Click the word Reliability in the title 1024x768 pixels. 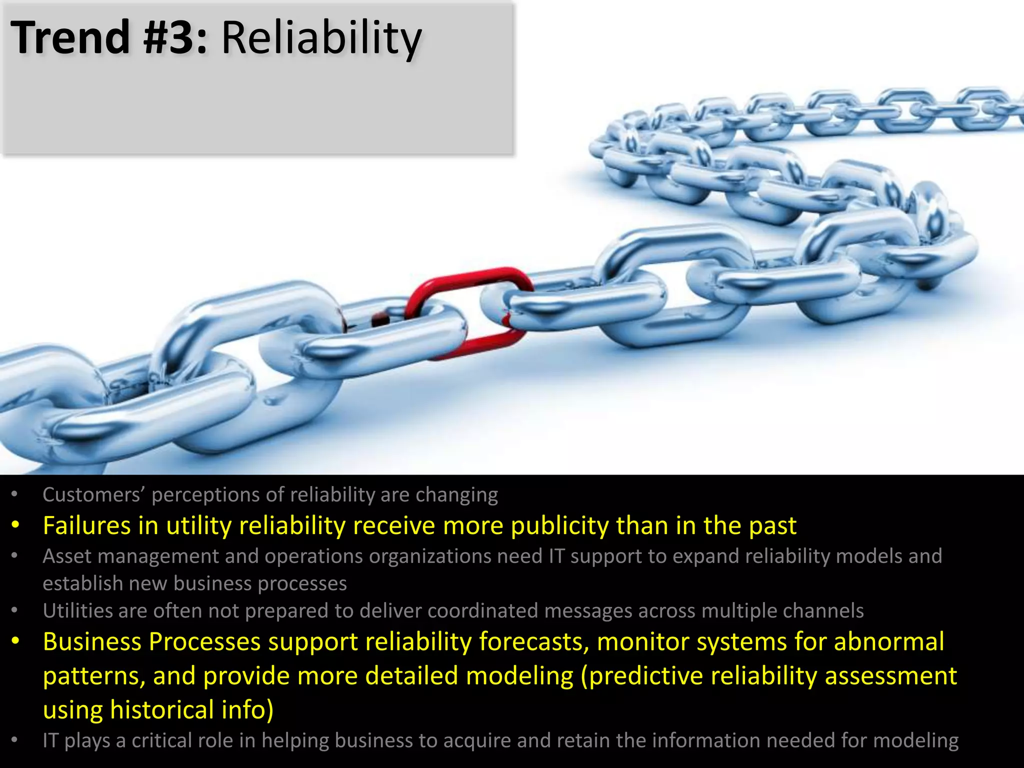pos(321,38)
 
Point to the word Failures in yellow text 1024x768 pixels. pos(86,526)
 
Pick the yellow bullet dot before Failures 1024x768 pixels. pos(15,525)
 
